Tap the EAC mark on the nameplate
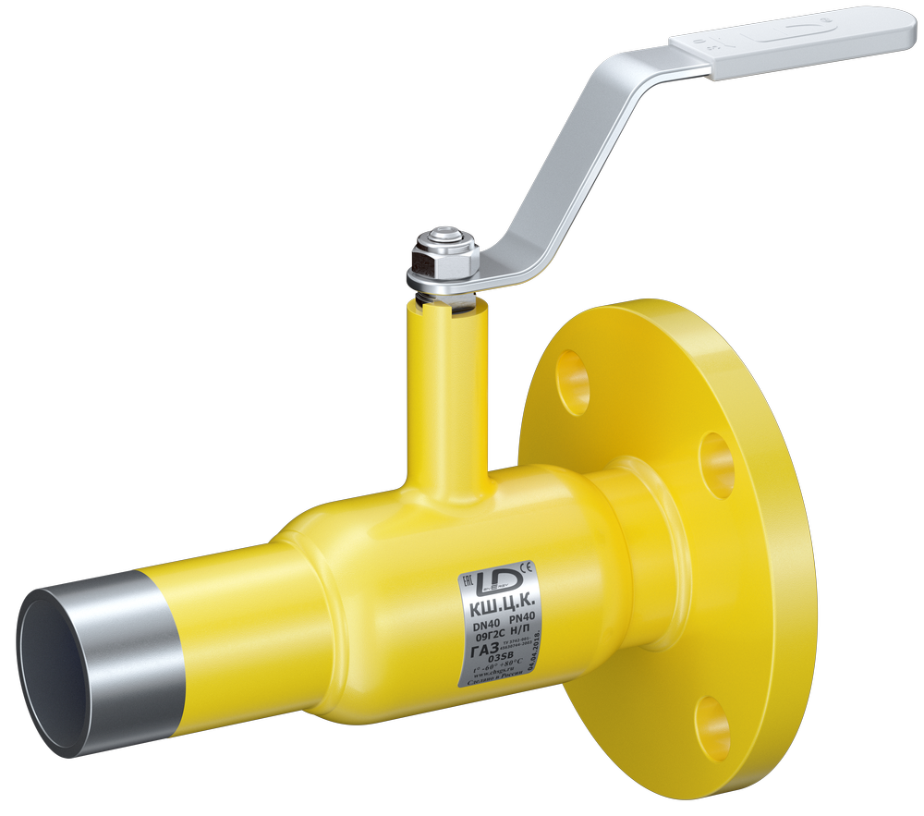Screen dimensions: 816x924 (468, 579)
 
